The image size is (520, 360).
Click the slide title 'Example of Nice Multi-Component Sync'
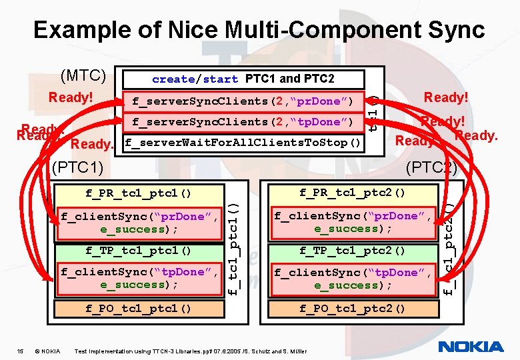[x=259, y=30]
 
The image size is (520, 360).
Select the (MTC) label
[x=83, y=75]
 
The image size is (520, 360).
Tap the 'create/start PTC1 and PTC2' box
[x=243, y=79]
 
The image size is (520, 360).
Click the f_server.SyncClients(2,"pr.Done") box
[x=243, y=101]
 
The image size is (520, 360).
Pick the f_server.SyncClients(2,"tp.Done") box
[x=243, y=122]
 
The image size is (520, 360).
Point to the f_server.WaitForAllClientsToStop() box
[x=243, y=143]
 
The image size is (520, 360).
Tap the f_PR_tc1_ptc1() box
[x=139, y=193]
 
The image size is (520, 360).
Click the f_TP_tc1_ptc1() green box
[x=139, y=251]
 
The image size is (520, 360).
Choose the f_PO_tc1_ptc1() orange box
[x=139, y=308]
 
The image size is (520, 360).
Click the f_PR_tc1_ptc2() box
[x=352, y=193]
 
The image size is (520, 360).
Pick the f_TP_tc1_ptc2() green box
[x=352, y=251]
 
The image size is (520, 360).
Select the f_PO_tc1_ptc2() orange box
[x=352, y=308]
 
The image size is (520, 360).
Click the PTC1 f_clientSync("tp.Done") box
[x=139, y=278]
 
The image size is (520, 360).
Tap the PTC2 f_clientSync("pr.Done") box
[x=352, y=222]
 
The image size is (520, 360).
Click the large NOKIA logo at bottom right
[x=471, y=346]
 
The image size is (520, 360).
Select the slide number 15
[x=20, y=351]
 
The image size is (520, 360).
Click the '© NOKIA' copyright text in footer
[x=48, y=351]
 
